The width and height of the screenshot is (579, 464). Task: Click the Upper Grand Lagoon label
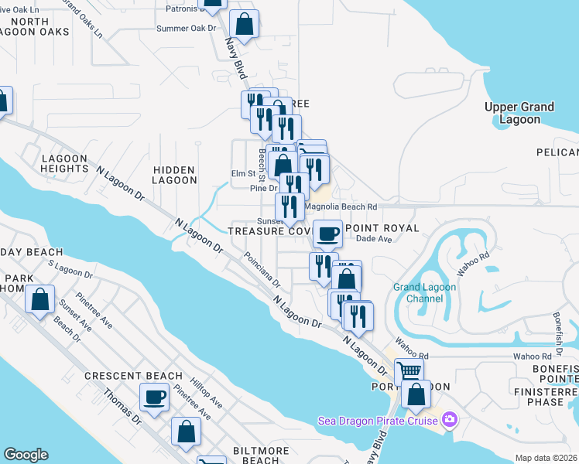click(x=519, y=113)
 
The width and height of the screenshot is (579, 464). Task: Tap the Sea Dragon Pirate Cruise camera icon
click(x=450, y=421)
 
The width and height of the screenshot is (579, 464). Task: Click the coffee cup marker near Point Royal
click(x=328, y=232)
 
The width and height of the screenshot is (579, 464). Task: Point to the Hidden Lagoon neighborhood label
click(x=175, y=174)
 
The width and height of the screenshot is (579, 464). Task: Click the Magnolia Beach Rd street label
click(x=341, y=207)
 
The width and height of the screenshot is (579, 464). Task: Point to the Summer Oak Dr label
click(x=186, y=28)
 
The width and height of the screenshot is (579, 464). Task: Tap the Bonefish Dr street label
click(x=557, y=329)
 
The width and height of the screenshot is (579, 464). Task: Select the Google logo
click(x=26, y=455)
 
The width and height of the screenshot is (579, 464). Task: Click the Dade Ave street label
click(x=371, y=240)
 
